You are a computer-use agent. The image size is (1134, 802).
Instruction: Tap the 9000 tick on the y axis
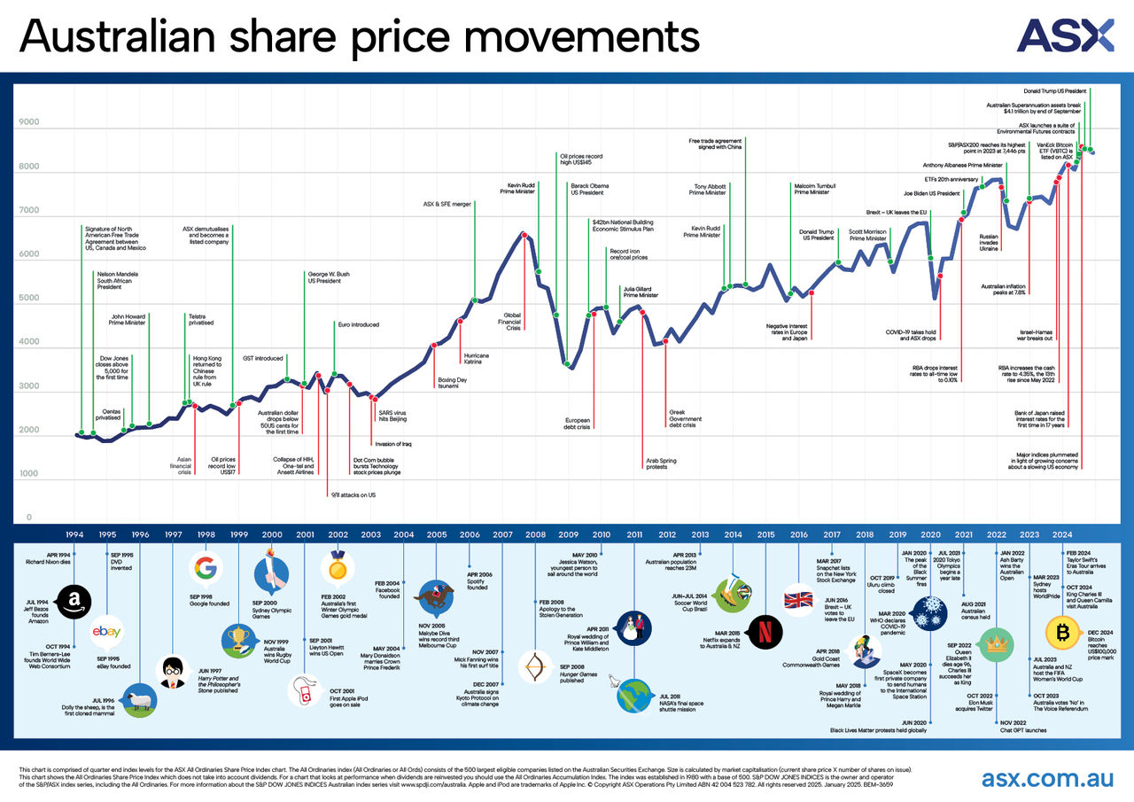coord(29,123)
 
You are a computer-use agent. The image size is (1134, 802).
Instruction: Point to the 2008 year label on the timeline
coord(535,535)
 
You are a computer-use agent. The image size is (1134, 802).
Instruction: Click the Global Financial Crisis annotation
coord(513,321)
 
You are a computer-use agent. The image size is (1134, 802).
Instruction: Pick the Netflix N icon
coord(760,629)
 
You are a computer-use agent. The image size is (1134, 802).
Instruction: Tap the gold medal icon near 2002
coord(338,565)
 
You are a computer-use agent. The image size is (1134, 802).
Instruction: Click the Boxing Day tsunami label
coord(452,384)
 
